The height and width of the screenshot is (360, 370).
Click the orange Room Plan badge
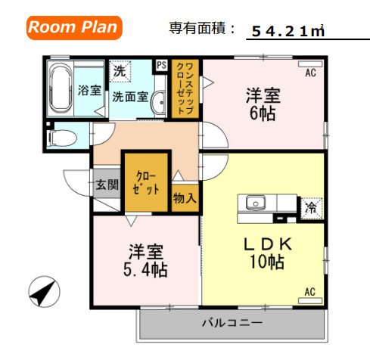click(x=74, y=28)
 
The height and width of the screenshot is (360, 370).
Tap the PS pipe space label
click(x=161, y=66)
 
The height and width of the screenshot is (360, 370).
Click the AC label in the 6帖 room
click(x=310, y=74)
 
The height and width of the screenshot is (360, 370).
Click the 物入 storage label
click(x=185, y=199)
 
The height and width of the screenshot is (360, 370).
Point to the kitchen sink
click(x=255, y=203)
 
